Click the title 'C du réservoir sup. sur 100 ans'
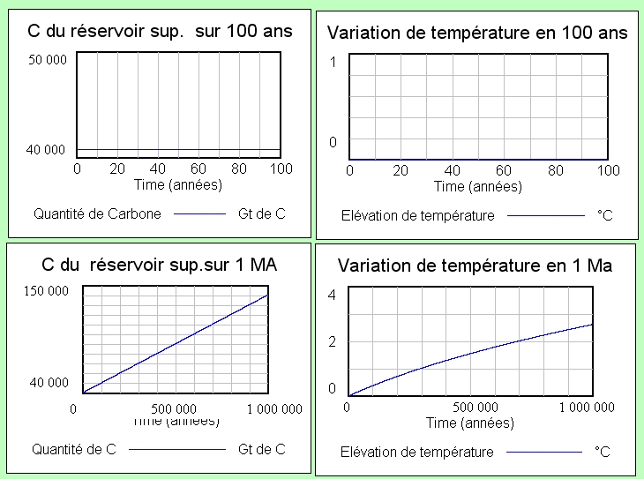pos(160,33)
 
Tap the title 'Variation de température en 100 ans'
pos(477,34)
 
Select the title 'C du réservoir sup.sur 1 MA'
pos(160,264)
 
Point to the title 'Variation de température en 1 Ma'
pos(475,266)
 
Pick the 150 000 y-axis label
pos(47,291)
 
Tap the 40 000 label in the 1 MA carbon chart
pos(50,382)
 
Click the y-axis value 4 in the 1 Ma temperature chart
pos(332,295)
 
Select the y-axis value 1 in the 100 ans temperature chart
pos(333,62)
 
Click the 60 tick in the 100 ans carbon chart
pos(198,168)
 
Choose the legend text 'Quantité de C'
pos(74,449)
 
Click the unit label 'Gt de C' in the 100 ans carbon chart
pos(262,213)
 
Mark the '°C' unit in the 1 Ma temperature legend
pos(603,452)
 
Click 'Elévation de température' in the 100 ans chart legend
pos(417,214)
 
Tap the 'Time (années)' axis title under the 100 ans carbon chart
pos(178,184)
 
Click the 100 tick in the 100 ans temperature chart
pos(608,169)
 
